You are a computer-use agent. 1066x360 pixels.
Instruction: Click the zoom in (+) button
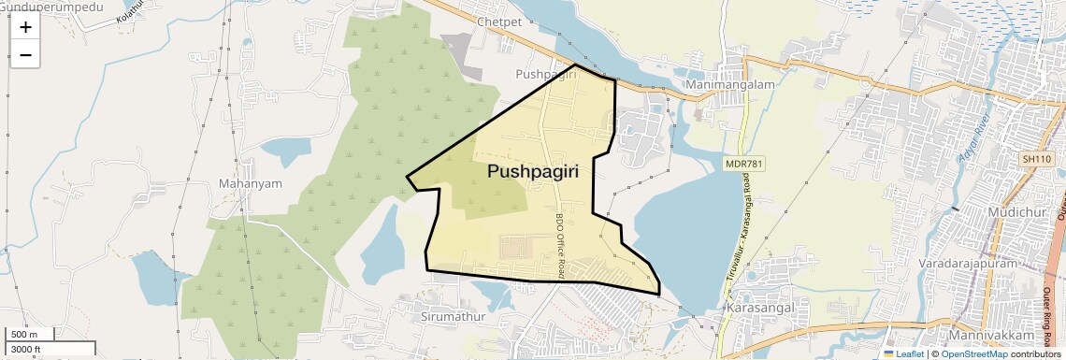pyautogui.click(x=25, y=28)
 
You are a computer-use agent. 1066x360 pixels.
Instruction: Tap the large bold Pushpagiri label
pyautogui.click(x=532, y=172)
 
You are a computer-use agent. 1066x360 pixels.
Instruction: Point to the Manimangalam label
pyautogui.click(x=731, y=84)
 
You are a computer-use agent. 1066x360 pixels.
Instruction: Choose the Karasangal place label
pyautogui.click(x=759, y=307)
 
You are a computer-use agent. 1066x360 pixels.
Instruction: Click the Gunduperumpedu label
pyautogui.click(x=45, y=5)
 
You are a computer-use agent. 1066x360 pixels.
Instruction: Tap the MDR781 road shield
pyautogui.click(x=744, y=164)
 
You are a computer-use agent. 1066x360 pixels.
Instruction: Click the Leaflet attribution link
pyautogui.click(x=904, y=354)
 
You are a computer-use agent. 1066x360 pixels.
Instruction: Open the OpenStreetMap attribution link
pyautogui.click(x=973, y=354)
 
